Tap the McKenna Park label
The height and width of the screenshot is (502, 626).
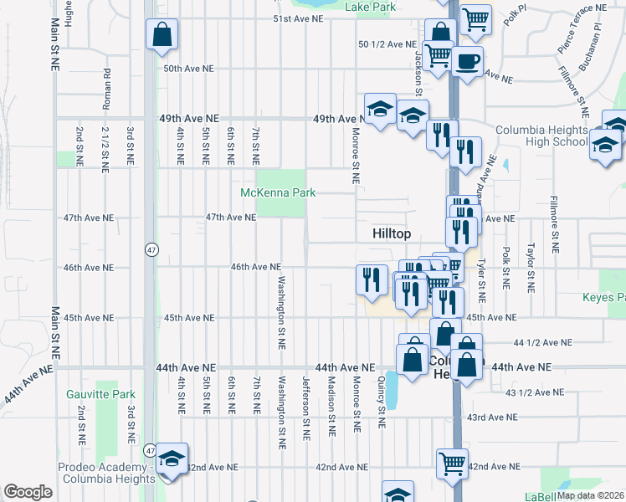coord(278,192)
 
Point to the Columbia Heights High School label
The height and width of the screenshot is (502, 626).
coord(541,136)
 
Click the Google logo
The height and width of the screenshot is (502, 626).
coord(28,492)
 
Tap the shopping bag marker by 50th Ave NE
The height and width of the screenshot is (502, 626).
coord(162,36)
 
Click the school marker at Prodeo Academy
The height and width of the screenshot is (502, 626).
coord(172,459)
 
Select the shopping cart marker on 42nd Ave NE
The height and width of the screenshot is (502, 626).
coord(452,462)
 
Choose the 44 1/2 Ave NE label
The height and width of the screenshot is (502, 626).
coord(542,343)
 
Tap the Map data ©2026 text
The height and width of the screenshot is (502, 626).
coord(591,495)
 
